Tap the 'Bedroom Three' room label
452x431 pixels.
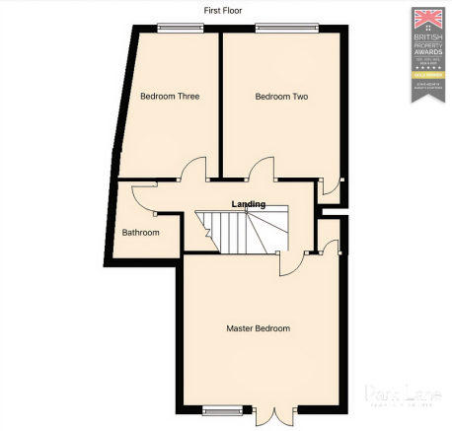(x=170, y=97)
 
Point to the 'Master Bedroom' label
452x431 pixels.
(x=258, y=328)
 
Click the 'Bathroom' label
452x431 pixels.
(x=140, y=233)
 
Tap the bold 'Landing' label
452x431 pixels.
(x=248, y=204)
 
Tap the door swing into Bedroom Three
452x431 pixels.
(x=194, y=169)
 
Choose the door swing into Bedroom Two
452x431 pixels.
(x=261, y=169)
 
